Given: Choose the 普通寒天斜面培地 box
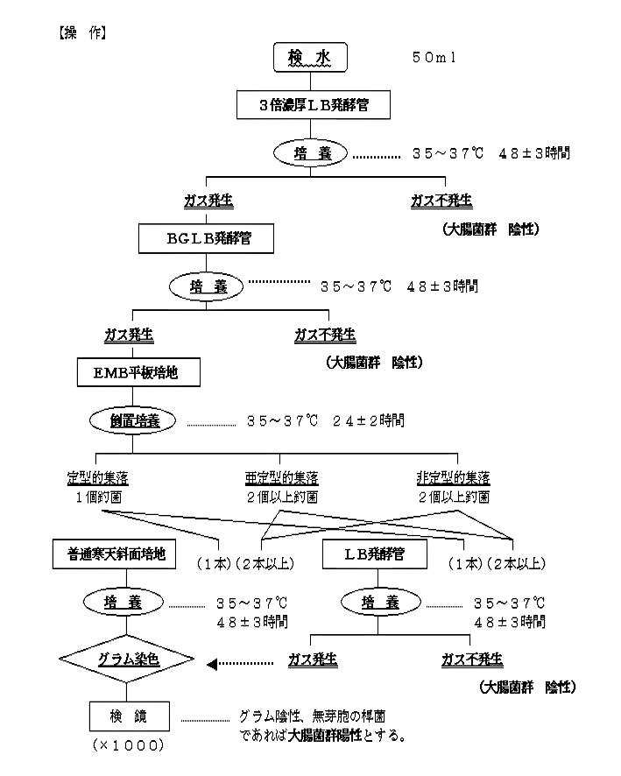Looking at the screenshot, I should (x=115, y=554).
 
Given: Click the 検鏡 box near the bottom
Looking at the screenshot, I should (x=128, y=716).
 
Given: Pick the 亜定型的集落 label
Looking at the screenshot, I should (x=281, y=478).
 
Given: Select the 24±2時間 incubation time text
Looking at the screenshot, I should (x=368, y=420).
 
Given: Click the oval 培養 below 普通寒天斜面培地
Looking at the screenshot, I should (x=123, y=603).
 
